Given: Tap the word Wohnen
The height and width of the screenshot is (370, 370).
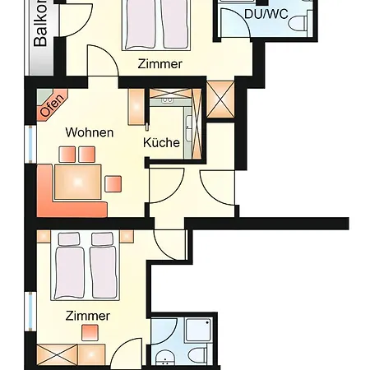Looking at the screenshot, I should click(90, 132).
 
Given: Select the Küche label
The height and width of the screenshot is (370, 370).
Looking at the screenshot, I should click(161, 142).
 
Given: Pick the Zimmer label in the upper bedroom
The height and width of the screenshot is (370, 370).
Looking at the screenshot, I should click(160, 64).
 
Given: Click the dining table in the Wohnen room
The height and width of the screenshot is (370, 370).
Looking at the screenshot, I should click(77, 181).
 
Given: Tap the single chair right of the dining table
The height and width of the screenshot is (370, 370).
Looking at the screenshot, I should click(113, 183).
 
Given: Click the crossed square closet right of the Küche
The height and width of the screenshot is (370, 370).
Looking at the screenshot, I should click(221, 98).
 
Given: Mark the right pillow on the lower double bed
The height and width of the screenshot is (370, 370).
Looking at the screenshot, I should click(102, 240).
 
